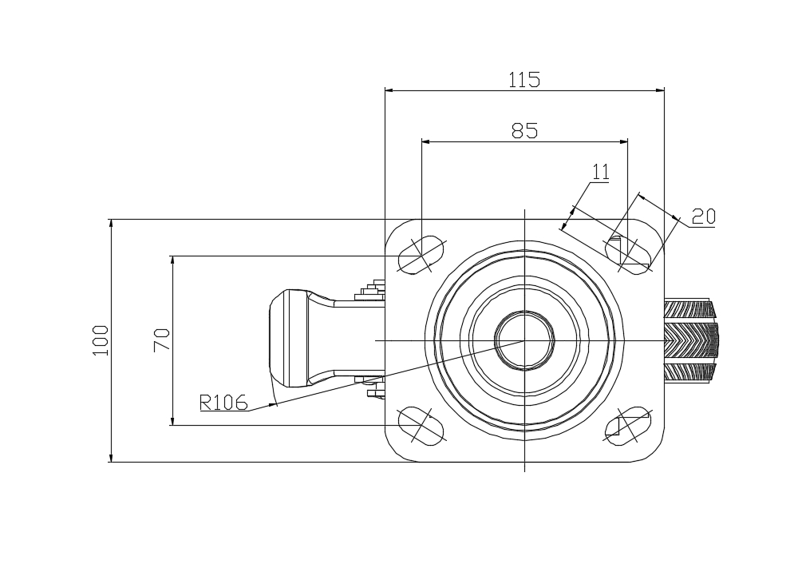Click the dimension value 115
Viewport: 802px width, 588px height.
point(524,79)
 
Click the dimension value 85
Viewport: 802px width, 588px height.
point(524,130)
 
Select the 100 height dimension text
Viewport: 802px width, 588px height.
point(101,340)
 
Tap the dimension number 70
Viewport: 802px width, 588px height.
point(162,341)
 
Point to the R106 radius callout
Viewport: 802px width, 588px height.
point(223,403)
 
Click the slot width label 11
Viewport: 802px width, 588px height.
point(601,171)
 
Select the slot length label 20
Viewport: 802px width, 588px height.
point(703,216)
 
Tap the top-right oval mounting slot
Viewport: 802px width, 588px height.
point(629,255)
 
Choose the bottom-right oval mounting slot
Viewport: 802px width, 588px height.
point(629,424)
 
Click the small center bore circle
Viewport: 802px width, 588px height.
point(524,340)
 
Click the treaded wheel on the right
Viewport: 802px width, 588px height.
point(691,340)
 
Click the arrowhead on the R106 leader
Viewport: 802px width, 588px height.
point(273,405)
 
